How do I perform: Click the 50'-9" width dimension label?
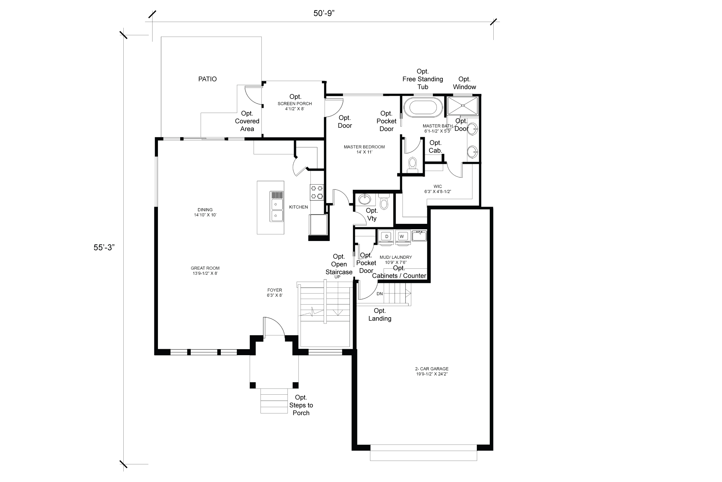click(324, 13)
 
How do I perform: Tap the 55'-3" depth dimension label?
click(104, 248)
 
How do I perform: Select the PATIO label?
click(208, 79)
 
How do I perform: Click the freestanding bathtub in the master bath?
click(423, 107)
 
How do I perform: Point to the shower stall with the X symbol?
click(463, 105)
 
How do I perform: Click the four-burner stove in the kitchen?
click(316, 192)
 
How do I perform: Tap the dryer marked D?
click(386, 236)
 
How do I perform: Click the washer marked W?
click(402, 236)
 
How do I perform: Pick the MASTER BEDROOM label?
click(364, 149)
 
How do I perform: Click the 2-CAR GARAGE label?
click(432, 371)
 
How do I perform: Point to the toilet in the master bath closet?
click(412, 165)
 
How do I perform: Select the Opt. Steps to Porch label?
click(301, 405)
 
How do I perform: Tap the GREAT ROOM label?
click(205, 271)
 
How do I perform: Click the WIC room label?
click(437, 189)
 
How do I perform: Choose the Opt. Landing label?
click(380, 315)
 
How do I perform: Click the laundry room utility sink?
click(419, 236)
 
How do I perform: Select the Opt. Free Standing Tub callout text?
click(423, 79)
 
